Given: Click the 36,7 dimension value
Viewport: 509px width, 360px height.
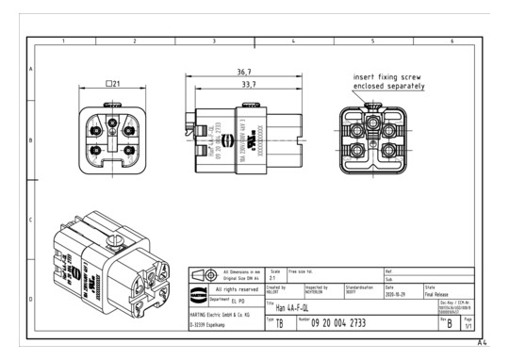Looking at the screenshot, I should [x=243, y=72].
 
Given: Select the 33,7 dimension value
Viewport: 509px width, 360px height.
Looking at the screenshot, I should [x=243, y=84].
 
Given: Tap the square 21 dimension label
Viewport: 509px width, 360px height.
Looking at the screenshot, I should [x=112, y=85].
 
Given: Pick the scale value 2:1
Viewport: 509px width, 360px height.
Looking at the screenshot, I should [x=273, y=279].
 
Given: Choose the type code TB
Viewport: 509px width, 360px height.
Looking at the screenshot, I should [x=279, y=322].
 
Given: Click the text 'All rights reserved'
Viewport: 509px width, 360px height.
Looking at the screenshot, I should [x=231, y=289].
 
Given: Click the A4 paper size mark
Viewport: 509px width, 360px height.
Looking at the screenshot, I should [x=482, y=342].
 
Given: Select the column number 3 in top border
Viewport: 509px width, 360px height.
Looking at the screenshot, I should [x=214, y=41].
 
